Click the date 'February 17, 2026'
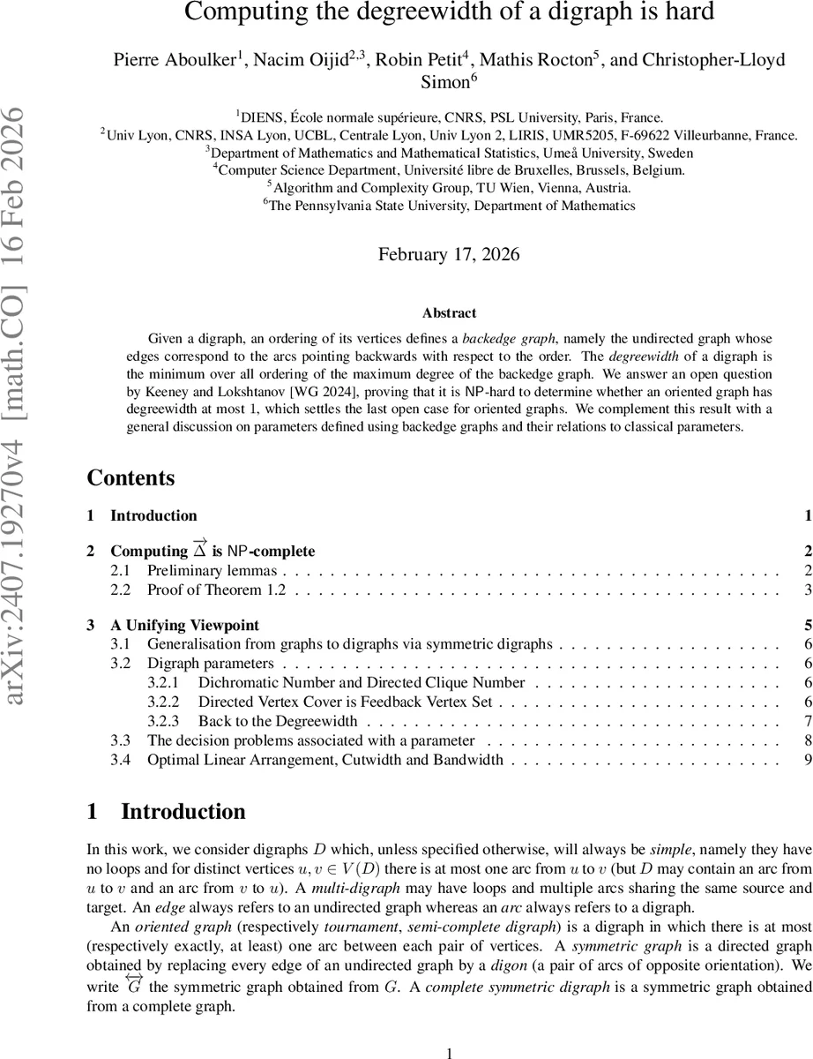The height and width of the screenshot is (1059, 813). click(449, 254)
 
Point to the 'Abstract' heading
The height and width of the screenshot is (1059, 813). click(449, 313)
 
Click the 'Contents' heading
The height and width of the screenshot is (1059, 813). click(131, 478)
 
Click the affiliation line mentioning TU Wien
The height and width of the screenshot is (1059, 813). click(449, 188)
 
